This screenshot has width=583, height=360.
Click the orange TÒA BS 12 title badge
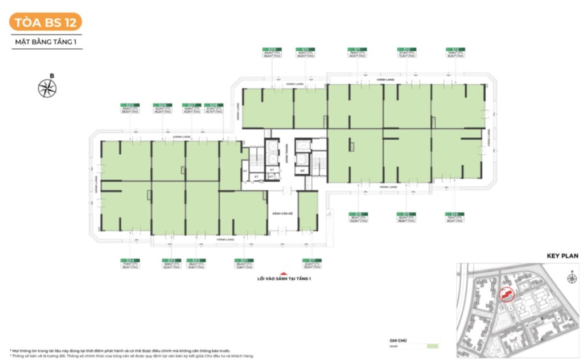[46, 22]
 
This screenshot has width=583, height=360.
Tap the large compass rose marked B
[47, 88]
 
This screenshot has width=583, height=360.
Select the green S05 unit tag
[130, 105]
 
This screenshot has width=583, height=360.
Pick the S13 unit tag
[454, 50]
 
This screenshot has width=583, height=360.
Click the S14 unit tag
[454, 214]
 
